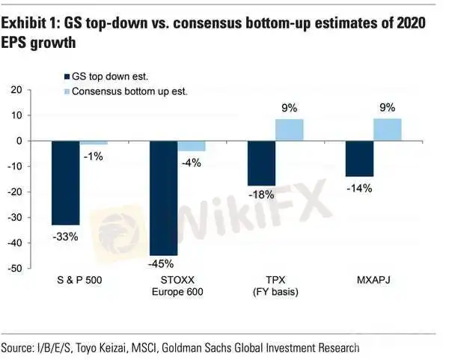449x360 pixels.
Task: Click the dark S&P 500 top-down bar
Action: click(x=66, y=183)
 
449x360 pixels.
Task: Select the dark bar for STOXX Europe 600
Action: click(x=164, y=198)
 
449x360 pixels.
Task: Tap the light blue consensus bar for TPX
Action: click(x=289, y=129)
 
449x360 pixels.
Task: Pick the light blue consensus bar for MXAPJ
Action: click(x=388, y=129)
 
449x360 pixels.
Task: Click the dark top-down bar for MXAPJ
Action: click(x=360, y=159)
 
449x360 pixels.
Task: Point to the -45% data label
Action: click(x=161, y=263)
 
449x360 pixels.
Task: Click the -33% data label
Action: click(x=65, y=237)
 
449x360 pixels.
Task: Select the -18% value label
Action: click(x=261, y=195)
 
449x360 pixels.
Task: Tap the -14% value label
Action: click(x=359, y=189)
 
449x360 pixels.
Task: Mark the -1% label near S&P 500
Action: click(x=94, y=156)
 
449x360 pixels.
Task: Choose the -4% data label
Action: click(x=192, y=163)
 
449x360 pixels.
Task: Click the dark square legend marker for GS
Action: click(x=67, y=77)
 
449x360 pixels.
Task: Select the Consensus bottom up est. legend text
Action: click(x=129, y=91)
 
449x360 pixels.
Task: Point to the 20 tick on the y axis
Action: click(x=16, y=90)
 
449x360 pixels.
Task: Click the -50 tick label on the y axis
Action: click(x=15, y=269)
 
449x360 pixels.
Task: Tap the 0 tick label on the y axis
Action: click(x=19, y=141)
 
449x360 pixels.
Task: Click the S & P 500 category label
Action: click(x=79, y=280)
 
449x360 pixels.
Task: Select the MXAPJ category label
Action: click(x=373, y=279)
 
